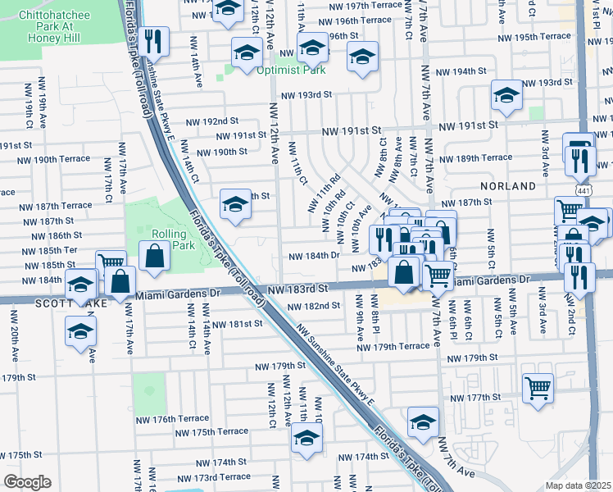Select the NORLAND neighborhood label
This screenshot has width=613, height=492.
(509, 186)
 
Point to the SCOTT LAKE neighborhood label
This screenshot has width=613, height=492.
(32, 303)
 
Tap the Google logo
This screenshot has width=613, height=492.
(27, 482)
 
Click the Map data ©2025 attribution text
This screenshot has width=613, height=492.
(577, 485)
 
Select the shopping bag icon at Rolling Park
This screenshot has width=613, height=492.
(155, 256)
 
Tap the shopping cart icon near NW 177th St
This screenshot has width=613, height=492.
(538, 386)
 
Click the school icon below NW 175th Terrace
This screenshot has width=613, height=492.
(306, 440)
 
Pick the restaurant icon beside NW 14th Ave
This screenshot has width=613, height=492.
(153, 40)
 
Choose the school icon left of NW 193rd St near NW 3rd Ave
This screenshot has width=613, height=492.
(506, 95)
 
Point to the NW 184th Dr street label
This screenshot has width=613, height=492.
(314, 256)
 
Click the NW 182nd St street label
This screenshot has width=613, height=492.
(314, 306)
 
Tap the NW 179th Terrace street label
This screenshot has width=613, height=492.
(393, 347)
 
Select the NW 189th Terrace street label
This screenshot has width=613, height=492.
(475, 158)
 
